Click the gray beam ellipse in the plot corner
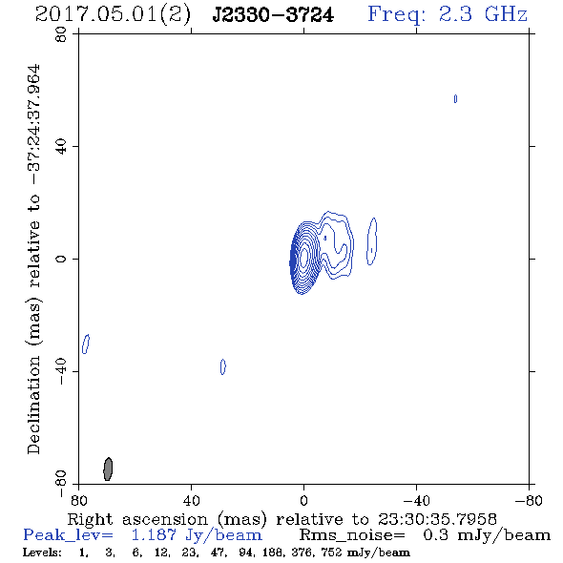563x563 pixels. pyautogui.click(x=108, y=469)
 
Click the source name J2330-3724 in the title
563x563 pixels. pyautogui.click(x=273, y=15)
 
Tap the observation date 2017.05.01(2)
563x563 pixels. pyautogui.click(x=113, y=15)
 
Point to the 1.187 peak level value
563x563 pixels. pyautogui.click(x=154, y=535)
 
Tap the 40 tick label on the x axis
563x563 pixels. pyautogui.click(x=191, y=501)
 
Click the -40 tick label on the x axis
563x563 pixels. pyautogui.click(x=416, y=501)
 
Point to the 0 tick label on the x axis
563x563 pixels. pyautogui.click(x=303, y=501)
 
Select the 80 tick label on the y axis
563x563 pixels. pyautogui.click(x=61, y=34)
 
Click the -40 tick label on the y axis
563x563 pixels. pyautogui.click(x=61, y=371)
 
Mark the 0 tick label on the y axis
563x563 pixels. pyautogui.click(x=61, y=259)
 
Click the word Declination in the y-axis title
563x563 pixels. pyautogui.click(x=33, y=405)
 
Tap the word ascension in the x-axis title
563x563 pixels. pyautogui.click(x=165, y=519)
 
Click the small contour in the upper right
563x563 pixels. pyautogui.click(x=455, y=98)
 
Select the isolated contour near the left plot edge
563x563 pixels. pyautogui.click(x=86, y=344)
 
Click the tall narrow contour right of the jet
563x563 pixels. pyautogui.click(x=371, y=241)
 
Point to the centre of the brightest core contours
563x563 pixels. pyautogui.click(x=303, y=257)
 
